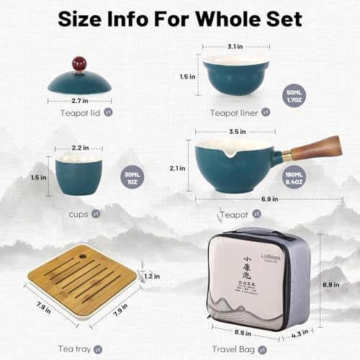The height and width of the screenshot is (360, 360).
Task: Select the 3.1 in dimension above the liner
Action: [x=233, y=47]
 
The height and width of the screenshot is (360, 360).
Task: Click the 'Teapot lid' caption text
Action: [x=86, y=113]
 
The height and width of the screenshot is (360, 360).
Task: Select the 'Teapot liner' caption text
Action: [x=231, y=112]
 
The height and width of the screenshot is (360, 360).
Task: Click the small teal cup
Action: [x=78, y=174]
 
